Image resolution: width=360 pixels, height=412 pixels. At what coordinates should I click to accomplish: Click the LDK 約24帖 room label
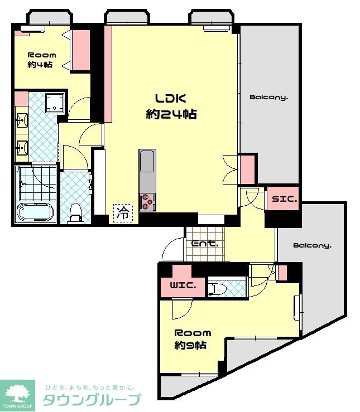(x=171, y=106)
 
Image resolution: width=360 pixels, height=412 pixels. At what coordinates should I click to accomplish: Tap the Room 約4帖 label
(x=42, y=60)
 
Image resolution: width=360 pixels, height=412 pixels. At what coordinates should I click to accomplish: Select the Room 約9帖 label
(x=193, y=339)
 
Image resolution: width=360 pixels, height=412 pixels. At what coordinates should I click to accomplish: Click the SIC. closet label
(x=284, y=199)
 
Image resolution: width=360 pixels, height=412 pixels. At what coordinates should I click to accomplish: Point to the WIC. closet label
(x=183, y=285)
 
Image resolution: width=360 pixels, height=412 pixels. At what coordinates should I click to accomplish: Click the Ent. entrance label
(x=205, y=244)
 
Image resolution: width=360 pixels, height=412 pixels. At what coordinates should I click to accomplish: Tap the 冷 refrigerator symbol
(x=123, y=212)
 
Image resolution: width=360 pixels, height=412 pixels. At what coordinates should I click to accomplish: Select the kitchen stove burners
(x=147, y=202)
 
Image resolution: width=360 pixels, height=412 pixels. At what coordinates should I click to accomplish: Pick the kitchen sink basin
(x=147, y=161)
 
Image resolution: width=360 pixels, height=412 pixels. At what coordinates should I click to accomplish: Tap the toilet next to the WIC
(x=217, y=289)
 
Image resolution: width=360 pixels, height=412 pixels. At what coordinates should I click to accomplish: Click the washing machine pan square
(x=55, y=103)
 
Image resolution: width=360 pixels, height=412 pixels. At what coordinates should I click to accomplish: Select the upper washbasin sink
(x=22, y=120)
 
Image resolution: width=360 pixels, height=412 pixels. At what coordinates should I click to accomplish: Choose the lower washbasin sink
(x=22, y=148)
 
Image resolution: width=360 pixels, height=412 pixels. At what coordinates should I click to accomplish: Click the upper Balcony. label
(x=268, y=98)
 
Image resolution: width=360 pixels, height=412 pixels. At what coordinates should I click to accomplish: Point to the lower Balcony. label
(x=312, y=246)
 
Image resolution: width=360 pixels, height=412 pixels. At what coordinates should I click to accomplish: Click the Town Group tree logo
(x=17, y=394)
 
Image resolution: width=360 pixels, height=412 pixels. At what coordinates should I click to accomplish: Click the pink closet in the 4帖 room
(x=81, y=50)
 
